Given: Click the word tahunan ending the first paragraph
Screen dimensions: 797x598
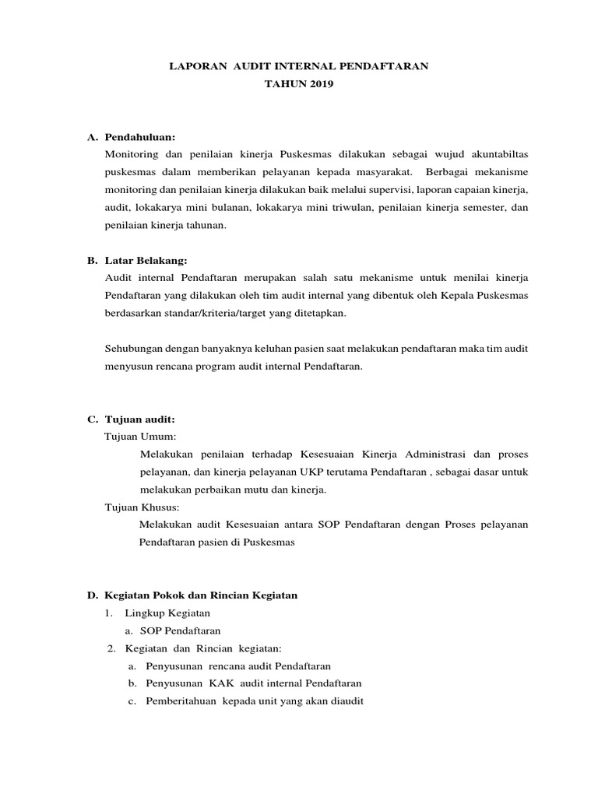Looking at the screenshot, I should pos(203,225).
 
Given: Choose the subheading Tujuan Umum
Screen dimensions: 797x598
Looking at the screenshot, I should pos(141,436).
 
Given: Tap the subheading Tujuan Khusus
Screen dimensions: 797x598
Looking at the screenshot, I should pos(142,507).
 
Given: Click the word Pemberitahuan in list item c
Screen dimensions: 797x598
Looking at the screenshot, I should pos(181,700).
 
